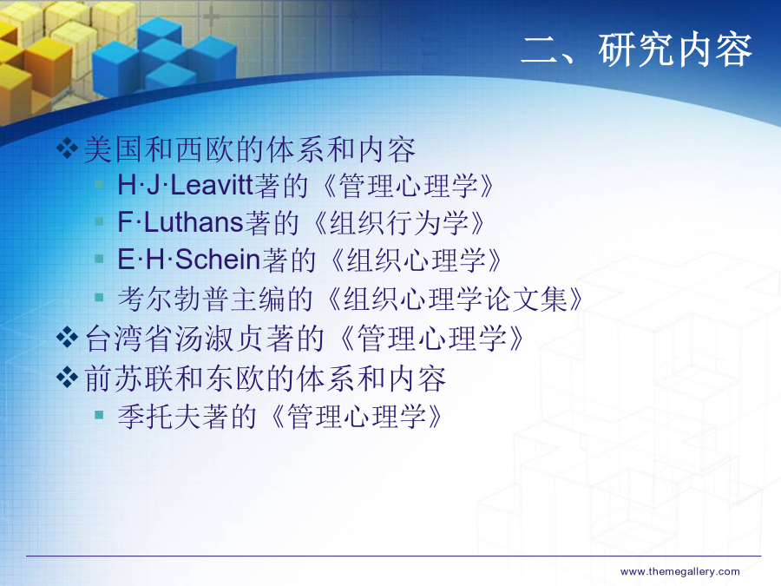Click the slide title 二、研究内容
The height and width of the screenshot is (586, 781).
(x=636, y=49)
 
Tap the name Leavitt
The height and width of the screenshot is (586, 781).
(x=213, y=186)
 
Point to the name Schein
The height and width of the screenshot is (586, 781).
(x=218, y=260)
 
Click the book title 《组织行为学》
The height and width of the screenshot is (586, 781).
(x=399, y=223)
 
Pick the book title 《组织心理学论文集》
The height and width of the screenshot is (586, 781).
(x=454, y=299)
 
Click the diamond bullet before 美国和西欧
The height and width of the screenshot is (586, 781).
(x=67, y=148)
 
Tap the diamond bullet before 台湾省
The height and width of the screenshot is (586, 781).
(x=67, y=338)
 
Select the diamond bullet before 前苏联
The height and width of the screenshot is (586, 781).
(x=67, y=377)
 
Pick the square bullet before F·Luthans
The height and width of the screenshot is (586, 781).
(x=99, y=221)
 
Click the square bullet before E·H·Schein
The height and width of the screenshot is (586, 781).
(x=99, y=258)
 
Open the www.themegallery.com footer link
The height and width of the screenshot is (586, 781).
(x=679, y=571)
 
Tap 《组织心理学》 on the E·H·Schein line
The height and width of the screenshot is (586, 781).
(x=416, y=260)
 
